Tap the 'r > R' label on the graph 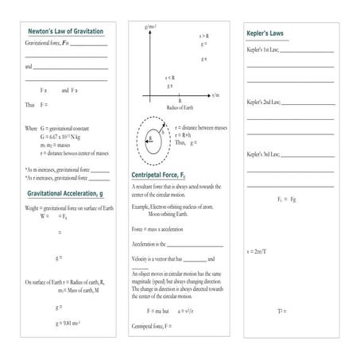click(x=204, y=36)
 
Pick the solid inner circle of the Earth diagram click(x=149, y=137)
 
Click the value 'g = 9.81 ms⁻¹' click(x=69, y=323)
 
